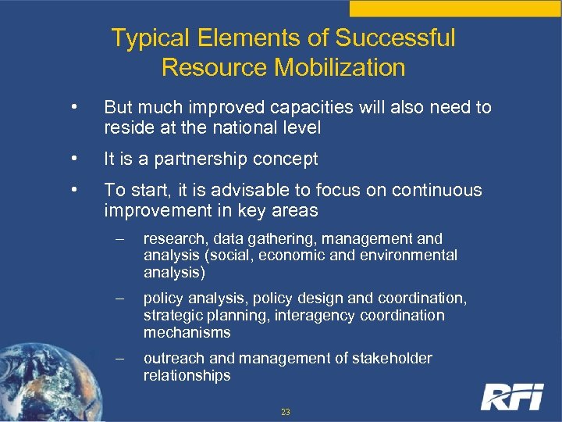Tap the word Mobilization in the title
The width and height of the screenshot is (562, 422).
tap(340, 67)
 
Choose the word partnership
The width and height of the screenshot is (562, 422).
tap(208, 159)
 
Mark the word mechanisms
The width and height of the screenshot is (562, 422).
tap(187, 332)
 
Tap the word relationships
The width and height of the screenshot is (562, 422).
tap(187, 375)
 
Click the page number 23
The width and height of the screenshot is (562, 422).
tap(285, 411)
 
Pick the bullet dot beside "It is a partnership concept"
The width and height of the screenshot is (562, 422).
tap(73, 159)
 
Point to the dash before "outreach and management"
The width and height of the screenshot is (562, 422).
tap(119, 359)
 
